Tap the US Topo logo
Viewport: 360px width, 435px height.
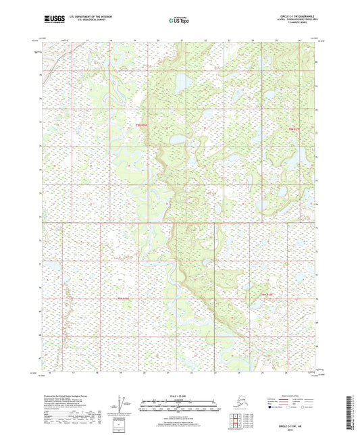tap(180, 21)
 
